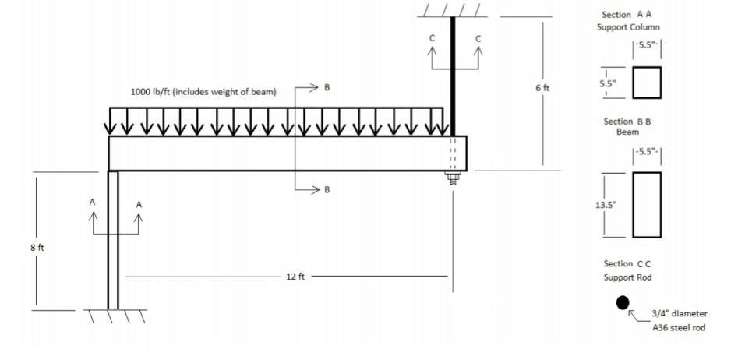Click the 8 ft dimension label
pyautogui.click(x=37, y=248)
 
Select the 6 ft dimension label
pyautogui.click(x=542, y=88)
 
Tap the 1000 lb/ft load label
pyautogui.click(x=203, y=91)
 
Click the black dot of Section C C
pyautogui.click(x=622, y=303)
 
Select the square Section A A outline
pyautogui.click(x=646, y=83)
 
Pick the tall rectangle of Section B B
pyautogui.click(x=646, y=204)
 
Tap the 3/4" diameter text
pyautogui.click(x=680, y=313)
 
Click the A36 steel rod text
pyautogui.click(x=679, y=328)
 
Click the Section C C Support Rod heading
pyautogui.click(x=627, y=270)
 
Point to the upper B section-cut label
pyautogui.click(x=327, y=87)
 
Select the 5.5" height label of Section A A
pyautogui.click(x=607, y=83)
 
